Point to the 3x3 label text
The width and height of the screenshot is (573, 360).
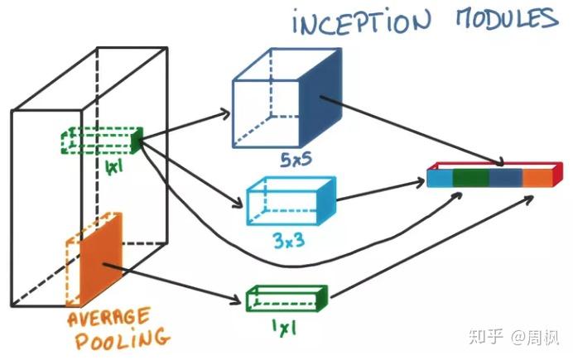(x=286, y=242)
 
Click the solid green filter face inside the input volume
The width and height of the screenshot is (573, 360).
(x=137, y=140)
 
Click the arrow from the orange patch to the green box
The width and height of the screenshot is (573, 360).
(x=182, y=276)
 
